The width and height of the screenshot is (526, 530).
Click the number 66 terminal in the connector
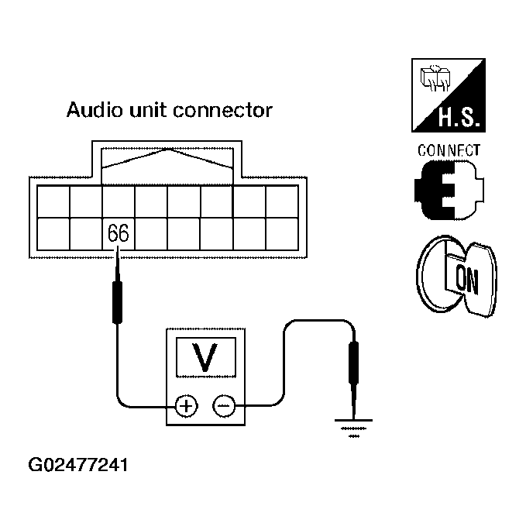(119, 233)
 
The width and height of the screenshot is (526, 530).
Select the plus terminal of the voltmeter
(186, 405)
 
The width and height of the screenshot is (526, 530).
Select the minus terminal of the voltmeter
(224, 405)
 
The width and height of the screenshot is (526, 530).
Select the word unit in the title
(147, 110)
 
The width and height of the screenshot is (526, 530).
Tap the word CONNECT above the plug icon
(449, 150)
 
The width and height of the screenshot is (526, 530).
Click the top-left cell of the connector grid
(53, 201)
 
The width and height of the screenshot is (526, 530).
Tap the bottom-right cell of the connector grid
(281, 234)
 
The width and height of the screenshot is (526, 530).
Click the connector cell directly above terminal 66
(119, 201)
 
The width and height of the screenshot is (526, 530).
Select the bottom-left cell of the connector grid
(53, 234)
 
